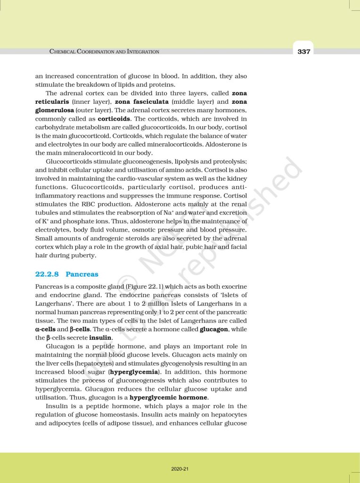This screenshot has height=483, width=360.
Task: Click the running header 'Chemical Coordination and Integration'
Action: [x=104, y=51]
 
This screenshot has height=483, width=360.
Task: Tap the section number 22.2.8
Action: [x=47, y=274]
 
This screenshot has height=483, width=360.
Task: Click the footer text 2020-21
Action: [x=180, y=469]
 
